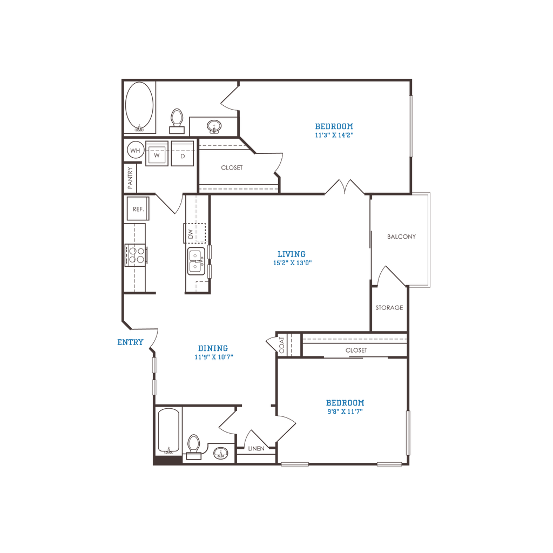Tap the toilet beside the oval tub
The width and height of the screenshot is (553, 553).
pyautogui.click(x=177, y=121)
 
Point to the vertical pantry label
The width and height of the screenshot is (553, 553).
pyautogui.click(x=130, y=177)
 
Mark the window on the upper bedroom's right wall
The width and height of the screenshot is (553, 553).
pyautogui.click(x=410, y=126)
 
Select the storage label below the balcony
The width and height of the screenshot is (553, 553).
pyautogui.click(x=389, y=308)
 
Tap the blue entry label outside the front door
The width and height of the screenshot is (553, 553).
pyautogui.click(x=130, y=342)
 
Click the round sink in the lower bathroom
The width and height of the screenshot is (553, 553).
pyautogui.click(x=220, y=453)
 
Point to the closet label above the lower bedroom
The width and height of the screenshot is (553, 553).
pyautogui.click(x=356, y=350)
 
